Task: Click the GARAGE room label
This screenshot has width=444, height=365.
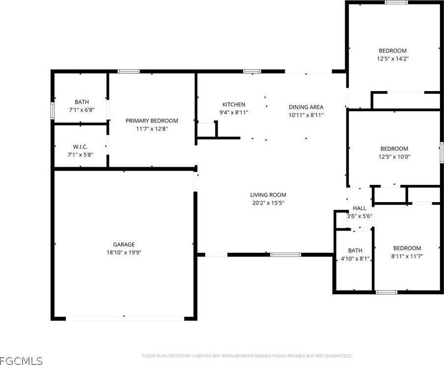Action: [x=124, y=244]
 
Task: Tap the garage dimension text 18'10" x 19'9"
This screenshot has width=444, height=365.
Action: [x=124, y=252]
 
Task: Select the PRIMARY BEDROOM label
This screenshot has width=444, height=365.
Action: [x=152, y=121]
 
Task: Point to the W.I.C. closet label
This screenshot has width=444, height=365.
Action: [x=81, y=147]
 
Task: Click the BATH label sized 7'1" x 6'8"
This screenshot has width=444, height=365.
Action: [x=82, y=102]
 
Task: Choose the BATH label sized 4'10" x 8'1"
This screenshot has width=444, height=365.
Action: [x=355, y=250]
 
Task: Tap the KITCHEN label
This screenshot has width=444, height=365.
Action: [x=234, y=104]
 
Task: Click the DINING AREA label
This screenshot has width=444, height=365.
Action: [x=305, y=107]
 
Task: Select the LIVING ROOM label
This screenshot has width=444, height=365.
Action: [x=268, y=195]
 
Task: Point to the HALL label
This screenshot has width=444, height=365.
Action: [x=360, y=208]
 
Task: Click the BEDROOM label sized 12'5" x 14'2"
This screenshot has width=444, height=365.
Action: [x=392, y=51]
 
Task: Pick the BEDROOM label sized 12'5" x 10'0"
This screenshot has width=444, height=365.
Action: [x=394, y=149]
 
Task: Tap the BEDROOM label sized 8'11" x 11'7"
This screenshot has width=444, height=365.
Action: [x=407, y=248]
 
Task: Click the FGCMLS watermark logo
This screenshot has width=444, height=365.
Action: [x=21, y=360]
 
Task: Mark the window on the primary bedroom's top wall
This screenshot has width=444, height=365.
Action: [x=129, y=72]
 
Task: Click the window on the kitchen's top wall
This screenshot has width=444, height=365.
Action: [x=252, y=72]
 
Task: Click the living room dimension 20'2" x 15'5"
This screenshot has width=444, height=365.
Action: [x=268, y=203]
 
